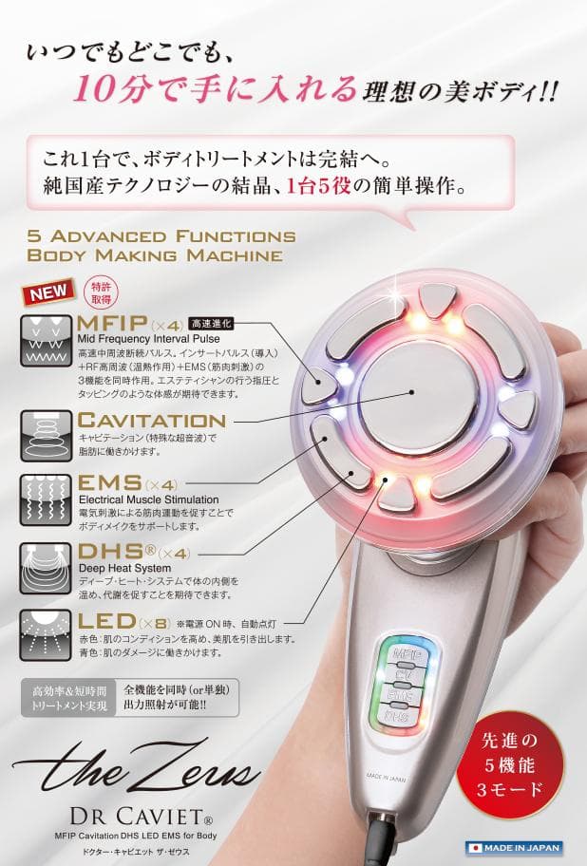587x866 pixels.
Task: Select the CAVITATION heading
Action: [152, 419]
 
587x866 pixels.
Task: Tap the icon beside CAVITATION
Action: [46, 434]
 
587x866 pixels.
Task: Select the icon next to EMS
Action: [46, 499]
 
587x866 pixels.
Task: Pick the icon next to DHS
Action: [46, 568]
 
